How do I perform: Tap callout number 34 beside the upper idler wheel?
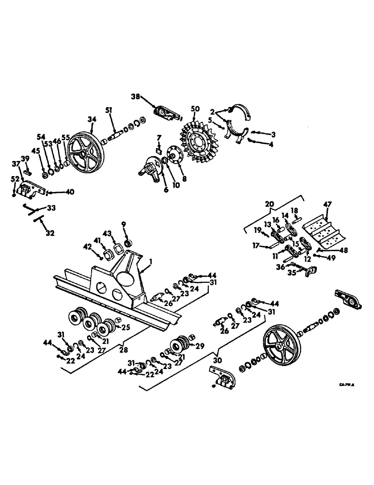(x=92, y=120)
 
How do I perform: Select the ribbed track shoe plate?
(x=324, y=231)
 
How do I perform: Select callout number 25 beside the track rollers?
(x=126, y=327)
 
